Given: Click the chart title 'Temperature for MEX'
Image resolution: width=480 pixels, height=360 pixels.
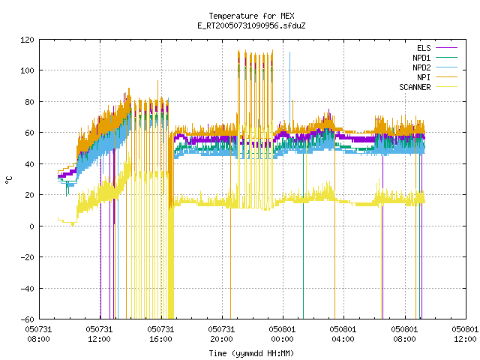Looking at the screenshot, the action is [251, 16].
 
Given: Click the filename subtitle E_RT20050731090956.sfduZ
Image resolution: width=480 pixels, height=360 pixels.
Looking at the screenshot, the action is [251, 25].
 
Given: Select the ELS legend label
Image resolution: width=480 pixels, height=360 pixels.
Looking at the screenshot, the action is [424, 48].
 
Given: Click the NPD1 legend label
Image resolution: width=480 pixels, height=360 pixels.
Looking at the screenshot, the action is [421, 58].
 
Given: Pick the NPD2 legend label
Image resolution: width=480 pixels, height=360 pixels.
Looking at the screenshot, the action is [421, 67].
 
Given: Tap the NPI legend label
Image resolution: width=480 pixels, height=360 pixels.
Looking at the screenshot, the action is [424, 77].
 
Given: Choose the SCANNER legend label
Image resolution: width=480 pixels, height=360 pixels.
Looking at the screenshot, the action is [415, 87].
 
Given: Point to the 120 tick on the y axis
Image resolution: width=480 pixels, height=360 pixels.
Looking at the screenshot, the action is [27, 40].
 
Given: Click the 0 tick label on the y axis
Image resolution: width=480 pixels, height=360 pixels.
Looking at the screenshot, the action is [31, 226].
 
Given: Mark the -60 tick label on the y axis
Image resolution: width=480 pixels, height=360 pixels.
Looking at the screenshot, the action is [27, 319].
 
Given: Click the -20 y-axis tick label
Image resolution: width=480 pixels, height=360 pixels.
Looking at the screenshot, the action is [27, 257].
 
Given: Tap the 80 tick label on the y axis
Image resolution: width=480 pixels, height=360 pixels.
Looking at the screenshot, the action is [29, 102].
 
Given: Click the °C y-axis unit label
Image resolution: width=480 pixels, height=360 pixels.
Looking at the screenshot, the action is [8, 180].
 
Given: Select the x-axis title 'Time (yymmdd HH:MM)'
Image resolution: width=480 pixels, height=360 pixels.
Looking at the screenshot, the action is [251, 353].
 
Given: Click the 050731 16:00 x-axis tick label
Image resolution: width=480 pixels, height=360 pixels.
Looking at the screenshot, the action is [160, 334].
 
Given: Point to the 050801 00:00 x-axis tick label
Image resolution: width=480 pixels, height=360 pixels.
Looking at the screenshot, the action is [282, 334].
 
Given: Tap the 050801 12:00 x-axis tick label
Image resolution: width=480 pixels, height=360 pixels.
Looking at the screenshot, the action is [465, 334].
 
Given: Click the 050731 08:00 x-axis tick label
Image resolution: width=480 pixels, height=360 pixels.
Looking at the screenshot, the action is [38, 334].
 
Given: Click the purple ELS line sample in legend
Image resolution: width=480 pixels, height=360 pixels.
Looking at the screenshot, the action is [446, 48].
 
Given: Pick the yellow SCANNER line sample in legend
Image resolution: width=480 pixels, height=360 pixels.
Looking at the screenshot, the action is [446, 87].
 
